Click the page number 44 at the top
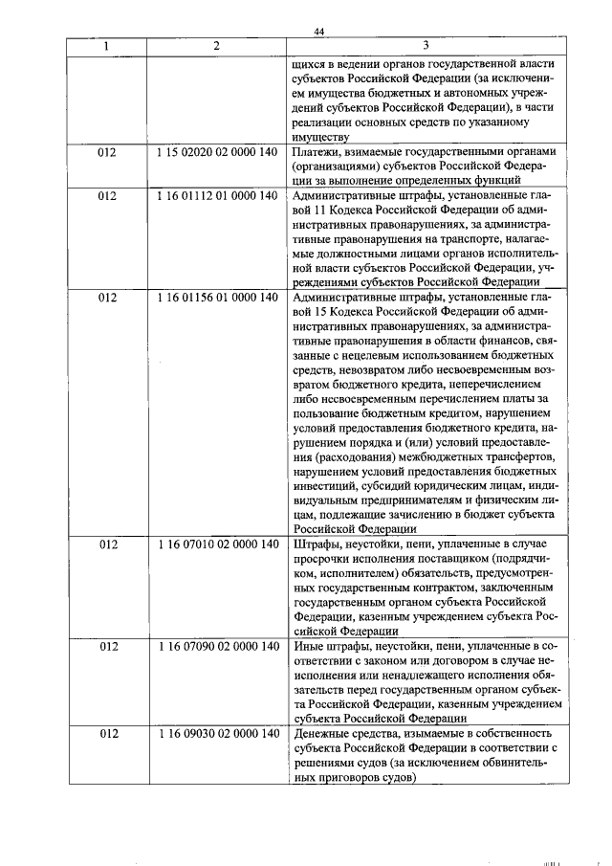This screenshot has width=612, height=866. coord(319,33)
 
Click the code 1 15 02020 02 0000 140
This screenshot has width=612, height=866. coord(216,151)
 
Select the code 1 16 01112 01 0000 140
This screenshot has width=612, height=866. coord(216,195)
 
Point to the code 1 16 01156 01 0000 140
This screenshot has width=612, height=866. coord(216,298)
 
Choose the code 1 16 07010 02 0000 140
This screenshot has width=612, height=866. coord(216,544)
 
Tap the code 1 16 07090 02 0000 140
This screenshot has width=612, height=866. coord(216,646)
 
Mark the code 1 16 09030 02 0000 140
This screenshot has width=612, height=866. coord(216,733)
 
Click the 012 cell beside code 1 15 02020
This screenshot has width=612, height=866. coord(105,151)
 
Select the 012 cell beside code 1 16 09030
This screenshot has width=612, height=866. coord(105,733)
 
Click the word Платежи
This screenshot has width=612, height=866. coord(317,151)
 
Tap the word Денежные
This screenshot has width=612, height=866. coord(322,733)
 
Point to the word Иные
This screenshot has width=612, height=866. coord(308,646)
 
